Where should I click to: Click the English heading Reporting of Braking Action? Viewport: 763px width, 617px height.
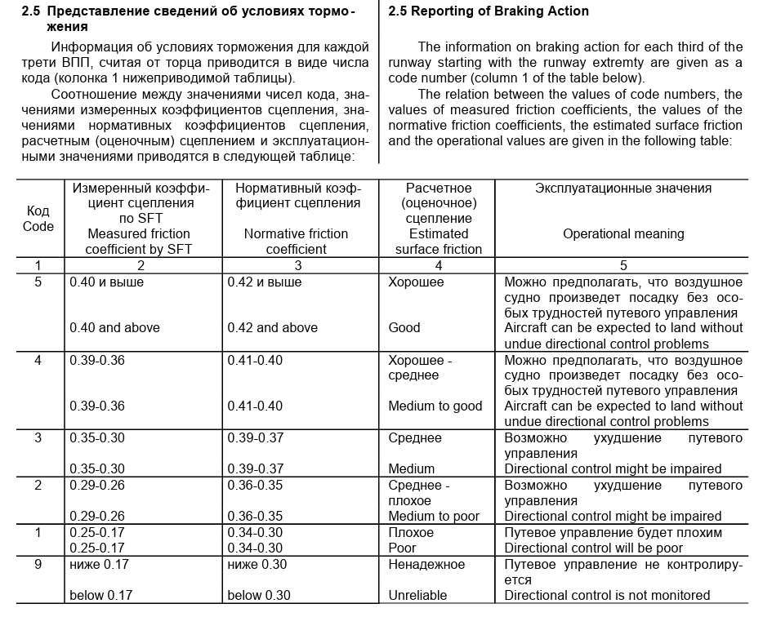tap(488, 11)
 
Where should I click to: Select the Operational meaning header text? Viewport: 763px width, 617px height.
tap(623, 233)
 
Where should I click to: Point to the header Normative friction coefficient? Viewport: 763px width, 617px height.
tap(296, 242)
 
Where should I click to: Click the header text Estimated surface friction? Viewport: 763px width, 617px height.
tap(439, 242)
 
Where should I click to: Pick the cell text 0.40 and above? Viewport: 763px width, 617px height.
tap(115, 327)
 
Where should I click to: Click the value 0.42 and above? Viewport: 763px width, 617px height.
tap(273, 327)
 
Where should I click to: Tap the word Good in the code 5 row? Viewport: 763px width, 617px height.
tap(404, 327)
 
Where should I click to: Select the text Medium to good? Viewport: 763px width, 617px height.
tap(435, 406)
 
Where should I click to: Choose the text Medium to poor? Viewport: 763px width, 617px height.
tap(435, 515)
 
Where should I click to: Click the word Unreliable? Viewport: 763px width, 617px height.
tap(419, 595)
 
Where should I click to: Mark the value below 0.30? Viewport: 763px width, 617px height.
tap(259, 595)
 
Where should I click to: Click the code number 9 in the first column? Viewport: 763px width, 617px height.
tap(38, 564)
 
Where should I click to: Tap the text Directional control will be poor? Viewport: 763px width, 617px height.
tap(593, 548)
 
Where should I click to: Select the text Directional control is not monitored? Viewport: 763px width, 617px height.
tap(607, 595)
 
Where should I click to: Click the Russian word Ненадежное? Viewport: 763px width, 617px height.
tap(426, 564)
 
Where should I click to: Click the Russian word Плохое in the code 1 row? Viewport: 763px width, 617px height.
tap(411, 532)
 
